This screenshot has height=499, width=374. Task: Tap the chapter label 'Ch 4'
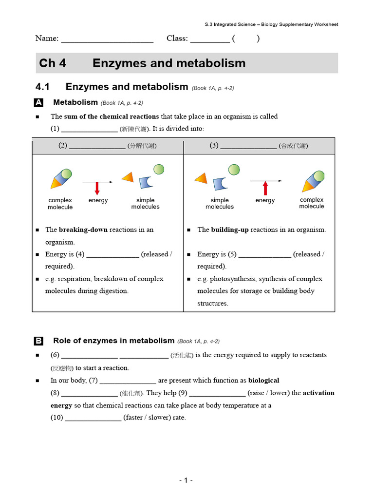click(x=53, y=63)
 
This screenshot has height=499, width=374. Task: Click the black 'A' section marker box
click(x=39, y=103)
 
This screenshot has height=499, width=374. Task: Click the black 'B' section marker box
click(x=39, y=341)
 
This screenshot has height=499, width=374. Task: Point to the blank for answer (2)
click(x=97, y=146)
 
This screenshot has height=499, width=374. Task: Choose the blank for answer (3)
click(x=248, y=146)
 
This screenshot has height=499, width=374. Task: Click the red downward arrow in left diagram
click(x=97, y=188)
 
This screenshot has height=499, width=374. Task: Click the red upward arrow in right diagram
click(x=265, y=188)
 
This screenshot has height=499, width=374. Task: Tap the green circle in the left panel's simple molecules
click(x=158, y=169)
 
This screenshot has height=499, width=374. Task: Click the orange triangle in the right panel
click(x=201, y=178)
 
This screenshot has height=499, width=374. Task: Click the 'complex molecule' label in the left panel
click(x=60, y=204)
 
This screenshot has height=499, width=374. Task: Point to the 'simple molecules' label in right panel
click(x=220, y=204)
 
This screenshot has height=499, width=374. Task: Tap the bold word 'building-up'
click(x=230, y=230)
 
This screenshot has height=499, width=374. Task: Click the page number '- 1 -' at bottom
click(x=186, y=480)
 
